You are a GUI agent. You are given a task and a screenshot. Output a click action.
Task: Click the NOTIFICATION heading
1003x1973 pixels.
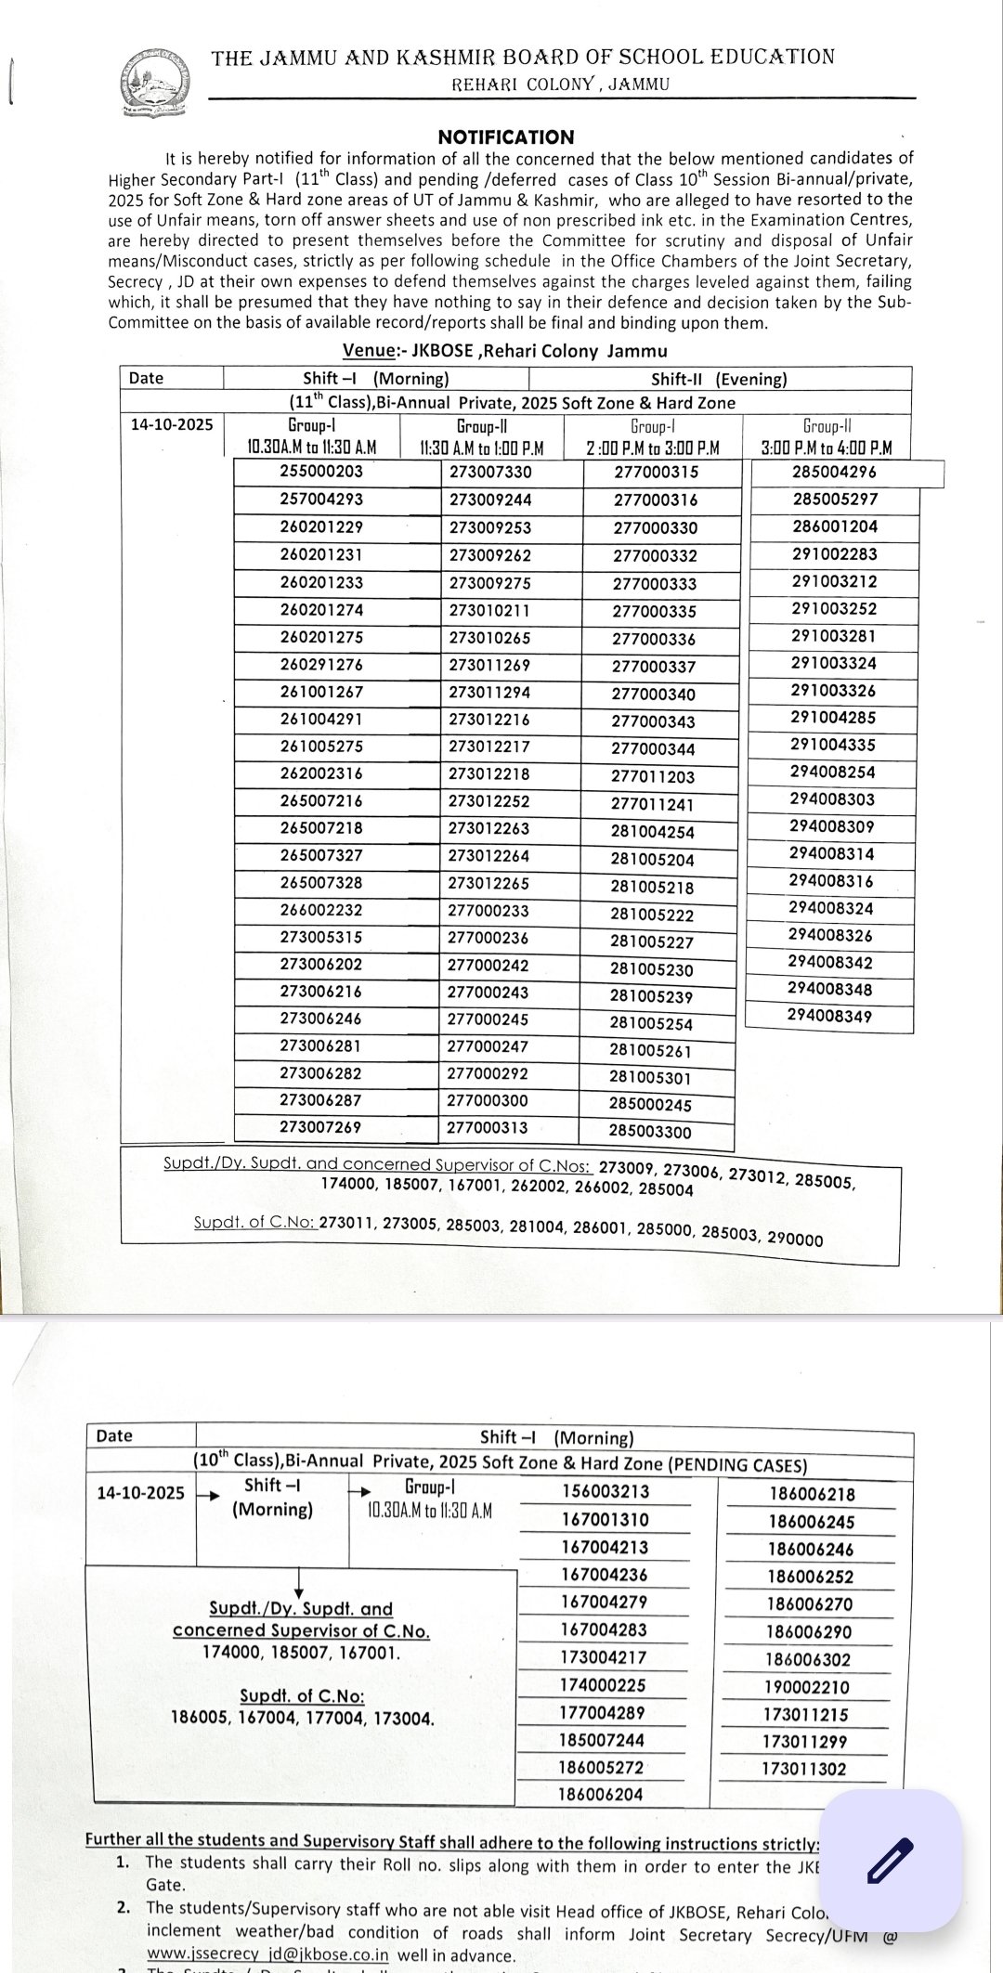point(506,136)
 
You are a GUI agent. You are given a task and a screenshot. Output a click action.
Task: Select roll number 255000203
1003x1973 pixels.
point(321,471)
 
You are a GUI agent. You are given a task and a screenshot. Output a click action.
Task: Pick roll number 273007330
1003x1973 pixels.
point(490,472)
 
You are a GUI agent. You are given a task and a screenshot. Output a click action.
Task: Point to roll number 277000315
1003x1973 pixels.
point(656,472)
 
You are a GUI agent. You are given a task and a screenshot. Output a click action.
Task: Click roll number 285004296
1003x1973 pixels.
point(834,471)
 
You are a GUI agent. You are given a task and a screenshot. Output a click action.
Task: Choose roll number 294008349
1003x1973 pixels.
point(829,1016)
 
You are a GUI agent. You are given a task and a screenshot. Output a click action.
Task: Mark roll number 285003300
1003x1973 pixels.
point(650,1132)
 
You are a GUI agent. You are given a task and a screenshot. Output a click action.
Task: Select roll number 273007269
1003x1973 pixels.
point(320,1127)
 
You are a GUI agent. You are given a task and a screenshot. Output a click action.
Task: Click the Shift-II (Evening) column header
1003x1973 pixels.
point(719,378)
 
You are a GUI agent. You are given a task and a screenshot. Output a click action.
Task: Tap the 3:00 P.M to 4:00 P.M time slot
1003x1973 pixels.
point(826,448)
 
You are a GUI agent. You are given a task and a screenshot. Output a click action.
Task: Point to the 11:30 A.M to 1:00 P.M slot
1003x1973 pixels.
point(480,448)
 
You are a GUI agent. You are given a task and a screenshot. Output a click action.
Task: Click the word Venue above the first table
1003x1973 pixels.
point(369,351)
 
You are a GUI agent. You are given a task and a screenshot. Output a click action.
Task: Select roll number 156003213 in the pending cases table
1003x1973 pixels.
point(606,1491)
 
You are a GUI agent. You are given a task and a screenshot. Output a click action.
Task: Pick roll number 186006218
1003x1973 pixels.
point(813,1494)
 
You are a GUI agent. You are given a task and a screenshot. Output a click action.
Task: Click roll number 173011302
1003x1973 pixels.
point(804,1769)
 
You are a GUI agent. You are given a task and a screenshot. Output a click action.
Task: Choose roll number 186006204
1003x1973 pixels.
point(600,1795)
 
